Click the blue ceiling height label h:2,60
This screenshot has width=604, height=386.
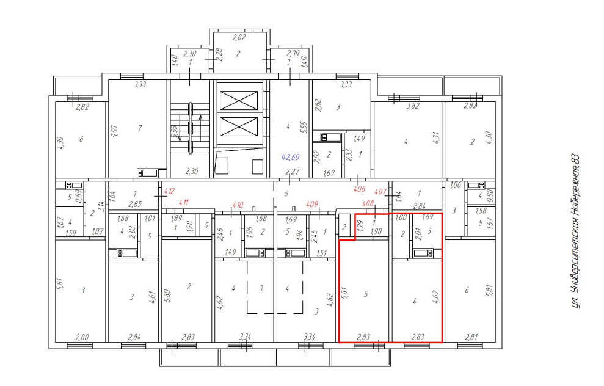291,157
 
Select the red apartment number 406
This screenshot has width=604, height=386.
359,189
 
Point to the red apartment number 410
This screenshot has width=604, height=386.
238,205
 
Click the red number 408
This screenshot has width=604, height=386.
368,203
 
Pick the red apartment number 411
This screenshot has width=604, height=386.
184,202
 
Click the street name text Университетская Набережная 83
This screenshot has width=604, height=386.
575,231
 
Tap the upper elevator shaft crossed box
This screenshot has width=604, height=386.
239,101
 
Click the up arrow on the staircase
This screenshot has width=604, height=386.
200,129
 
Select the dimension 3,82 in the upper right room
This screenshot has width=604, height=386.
413,106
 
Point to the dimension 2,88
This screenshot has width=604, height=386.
318,105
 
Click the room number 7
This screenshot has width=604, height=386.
140,128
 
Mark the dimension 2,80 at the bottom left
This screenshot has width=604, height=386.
82,338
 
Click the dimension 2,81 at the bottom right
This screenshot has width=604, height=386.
471,338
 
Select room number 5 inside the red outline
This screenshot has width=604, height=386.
366,294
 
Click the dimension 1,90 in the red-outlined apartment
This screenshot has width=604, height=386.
376,231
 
